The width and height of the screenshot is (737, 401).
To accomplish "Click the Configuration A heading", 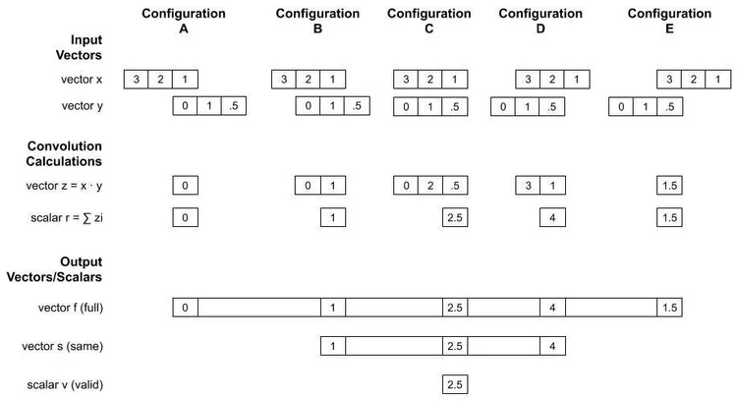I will coord(184,22).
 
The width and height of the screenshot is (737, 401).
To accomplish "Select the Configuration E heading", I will coord(669,22).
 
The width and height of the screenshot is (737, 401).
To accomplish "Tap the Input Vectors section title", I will coord(84,47).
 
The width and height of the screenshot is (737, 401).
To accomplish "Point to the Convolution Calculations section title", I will coord(65,153).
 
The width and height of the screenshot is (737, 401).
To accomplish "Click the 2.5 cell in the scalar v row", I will coord(454,384).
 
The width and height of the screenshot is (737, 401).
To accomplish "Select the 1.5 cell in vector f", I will coord(669,309).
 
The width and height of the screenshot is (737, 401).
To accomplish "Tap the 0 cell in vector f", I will coord(185,309).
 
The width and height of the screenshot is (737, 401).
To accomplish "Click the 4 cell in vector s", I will coord(552,346).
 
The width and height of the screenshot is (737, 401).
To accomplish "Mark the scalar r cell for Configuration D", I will coord(552,217).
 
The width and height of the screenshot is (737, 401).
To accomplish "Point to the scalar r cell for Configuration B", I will coord(332,217).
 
